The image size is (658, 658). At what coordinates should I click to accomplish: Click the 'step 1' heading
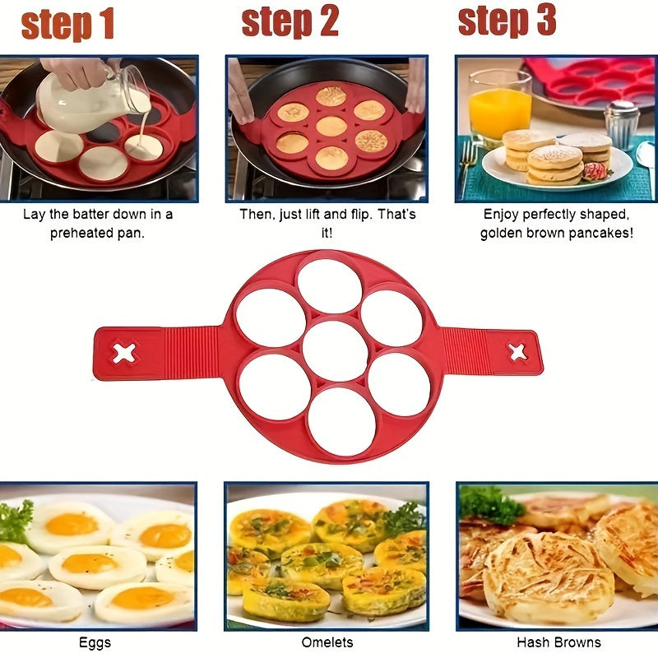67,24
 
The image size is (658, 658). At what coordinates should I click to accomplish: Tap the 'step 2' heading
290,22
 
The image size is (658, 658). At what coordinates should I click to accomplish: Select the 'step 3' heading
507,21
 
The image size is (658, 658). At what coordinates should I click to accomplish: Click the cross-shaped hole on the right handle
517,352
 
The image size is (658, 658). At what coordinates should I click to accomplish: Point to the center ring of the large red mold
335,351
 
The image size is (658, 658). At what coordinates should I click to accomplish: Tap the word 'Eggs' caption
95,642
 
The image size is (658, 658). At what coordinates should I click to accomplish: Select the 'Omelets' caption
326,642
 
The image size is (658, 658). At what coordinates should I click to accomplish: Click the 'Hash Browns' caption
558,642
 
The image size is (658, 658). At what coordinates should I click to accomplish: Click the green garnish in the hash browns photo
491,503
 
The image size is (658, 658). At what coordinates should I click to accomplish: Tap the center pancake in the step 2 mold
331,127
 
